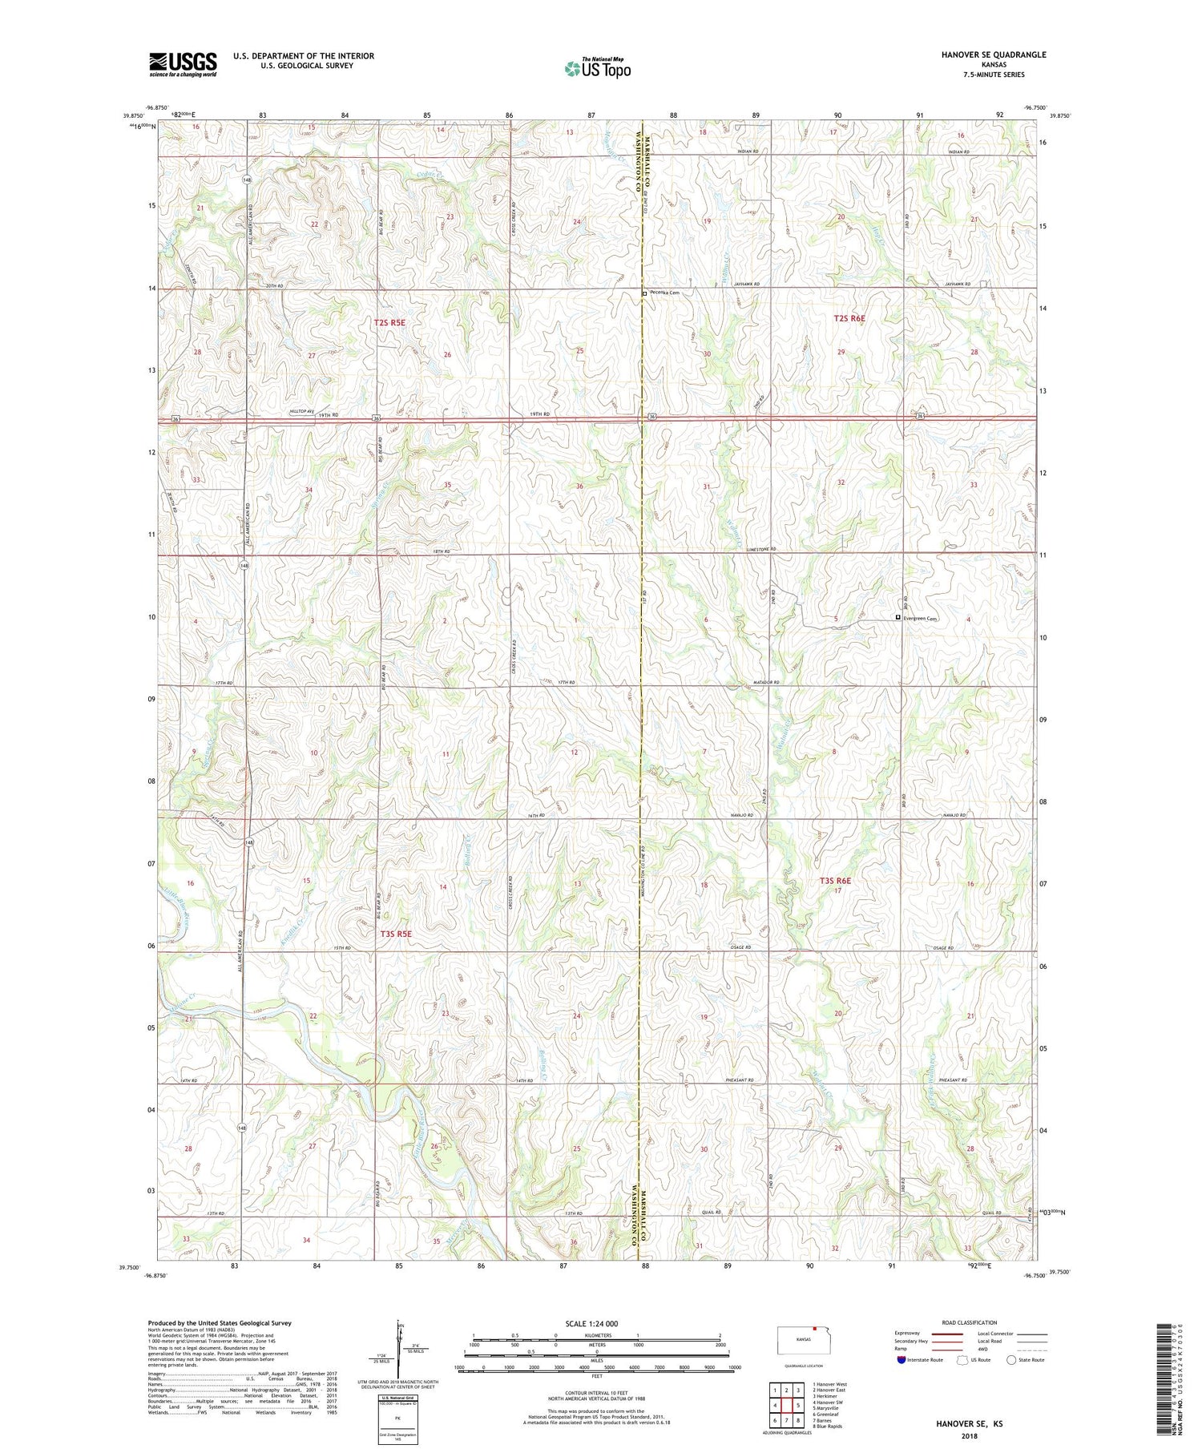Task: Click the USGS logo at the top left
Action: click(183, 64)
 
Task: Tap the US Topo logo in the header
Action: click(597, 68)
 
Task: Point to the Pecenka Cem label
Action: click(664, 293)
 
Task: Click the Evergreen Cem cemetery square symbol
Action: click(897, 618)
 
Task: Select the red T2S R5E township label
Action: click(395, 322)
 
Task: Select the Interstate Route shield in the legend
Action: click(901, 1360)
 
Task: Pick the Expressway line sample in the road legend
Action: click(949, 1334)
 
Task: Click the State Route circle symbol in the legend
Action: click(1012, 1359)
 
